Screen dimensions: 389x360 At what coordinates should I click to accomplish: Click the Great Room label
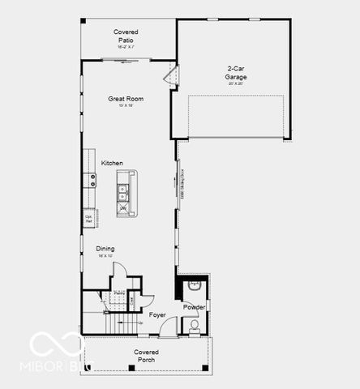[x=126, y=99]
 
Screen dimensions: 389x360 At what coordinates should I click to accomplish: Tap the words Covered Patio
[x=126, y=35]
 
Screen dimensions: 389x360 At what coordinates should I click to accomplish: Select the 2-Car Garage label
[x=236, y=74]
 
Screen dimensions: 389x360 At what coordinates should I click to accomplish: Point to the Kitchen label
[x=112, y=163]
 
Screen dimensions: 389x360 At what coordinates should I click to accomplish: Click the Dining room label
[x=105, y=249]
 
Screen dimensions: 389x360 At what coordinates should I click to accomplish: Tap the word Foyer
[x=157, y=314]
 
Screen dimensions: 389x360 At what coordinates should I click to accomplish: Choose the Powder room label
[x=194, y=307]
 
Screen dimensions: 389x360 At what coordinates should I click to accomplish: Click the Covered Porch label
[x=146, y=356]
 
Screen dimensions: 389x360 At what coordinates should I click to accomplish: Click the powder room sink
[x=195, y=286]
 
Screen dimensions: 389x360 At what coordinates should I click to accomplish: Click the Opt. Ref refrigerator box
[x=89, y=218]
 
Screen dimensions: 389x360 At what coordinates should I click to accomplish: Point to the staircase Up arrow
[x=139, y=323]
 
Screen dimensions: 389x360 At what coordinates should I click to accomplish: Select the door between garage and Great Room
[x=169, y=77]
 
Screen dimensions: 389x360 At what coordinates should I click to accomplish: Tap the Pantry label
[x=118, y=293]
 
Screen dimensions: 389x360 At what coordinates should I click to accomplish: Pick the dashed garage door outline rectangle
[x=235, y=117]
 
